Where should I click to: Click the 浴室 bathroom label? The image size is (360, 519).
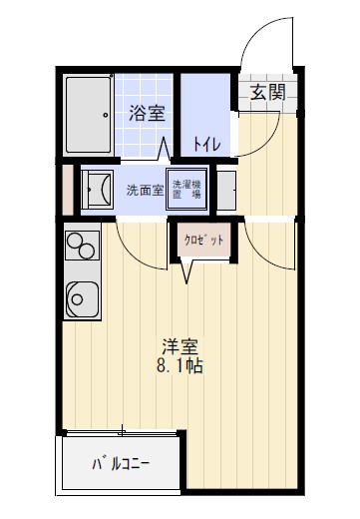tap(147, 113)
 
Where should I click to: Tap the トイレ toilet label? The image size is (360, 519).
tap(206, 143)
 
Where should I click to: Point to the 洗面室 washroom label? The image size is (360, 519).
tap(145, 190)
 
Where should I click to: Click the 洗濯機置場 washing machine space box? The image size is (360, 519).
tap(186, 189)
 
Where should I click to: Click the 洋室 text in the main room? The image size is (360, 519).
tap(180, 347)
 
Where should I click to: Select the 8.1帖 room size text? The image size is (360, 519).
tap(180, 366)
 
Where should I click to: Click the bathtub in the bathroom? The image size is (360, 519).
tap(92, 114)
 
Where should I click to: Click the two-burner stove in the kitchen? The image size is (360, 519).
tap(80, 246)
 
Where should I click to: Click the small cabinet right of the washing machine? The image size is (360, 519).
tap(226, 188)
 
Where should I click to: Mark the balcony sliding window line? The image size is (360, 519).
tap(120, 431)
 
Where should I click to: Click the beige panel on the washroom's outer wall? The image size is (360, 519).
tap(67, 188)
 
